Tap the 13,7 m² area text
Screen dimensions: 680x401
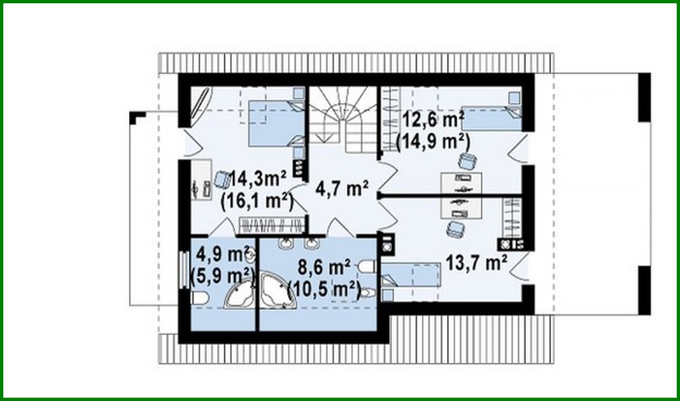(477, 263)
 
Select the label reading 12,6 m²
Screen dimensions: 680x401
(433, 120)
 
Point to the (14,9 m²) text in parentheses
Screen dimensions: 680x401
(432, 142)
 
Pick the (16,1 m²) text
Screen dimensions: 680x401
(257, 201)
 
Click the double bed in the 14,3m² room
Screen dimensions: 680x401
(276, 124)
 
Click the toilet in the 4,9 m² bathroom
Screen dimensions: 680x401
(199, 298)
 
